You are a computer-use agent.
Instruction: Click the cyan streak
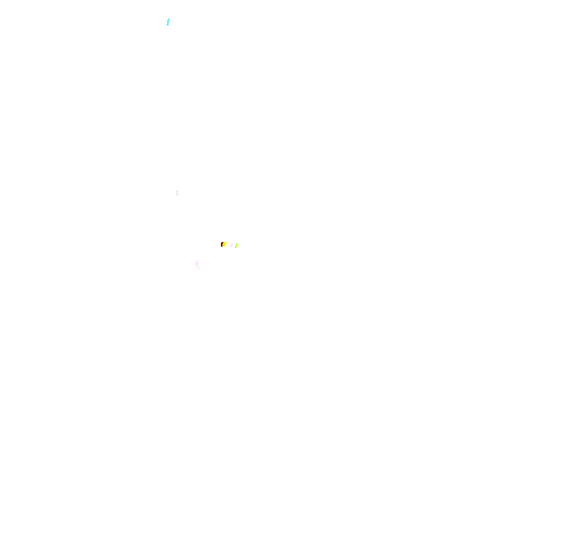168,22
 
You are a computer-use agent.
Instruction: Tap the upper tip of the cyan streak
169,20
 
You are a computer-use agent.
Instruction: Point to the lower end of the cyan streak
167,25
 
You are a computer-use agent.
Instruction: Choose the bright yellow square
224,244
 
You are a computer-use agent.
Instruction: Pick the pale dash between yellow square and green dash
231,245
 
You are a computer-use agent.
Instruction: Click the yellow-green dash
236,246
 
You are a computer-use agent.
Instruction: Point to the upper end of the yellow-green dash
237,244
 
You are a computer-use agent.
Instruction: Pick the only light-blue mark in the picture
168,22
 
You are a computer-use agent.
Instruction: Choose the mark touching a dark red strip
224,244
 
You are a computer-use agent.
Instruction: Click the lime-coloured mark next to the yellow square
236,246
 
